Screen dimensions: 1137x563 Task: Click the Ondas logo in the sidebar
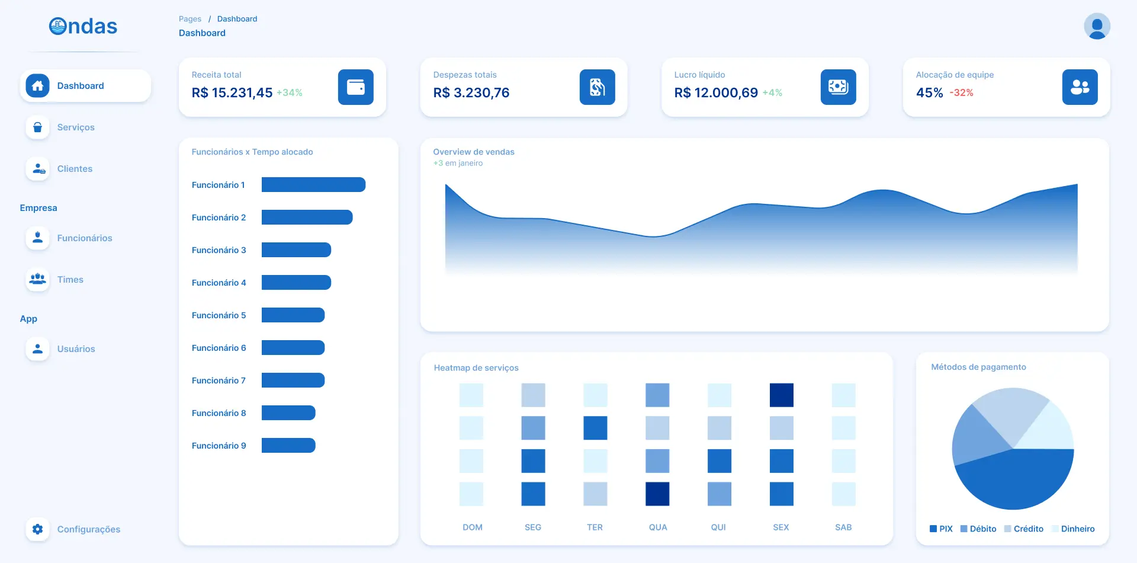pyautogui.click(x=83, y=26)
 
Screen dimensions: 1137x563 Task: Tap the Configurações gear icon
pyautogui.click(x=37, y=529)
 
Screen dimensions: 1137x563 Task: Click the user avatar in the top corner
pyautogui.click(x=1097, y=26)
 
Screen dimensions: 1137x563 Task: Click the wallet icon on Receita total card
pyautogui.click(x=356, y=87)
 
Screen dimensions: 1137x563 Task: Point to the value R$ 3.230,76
pyautogui.click(x=471, y=92)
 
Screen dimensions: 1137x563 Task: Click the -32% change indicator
pyautogui.click(x=962, y=93)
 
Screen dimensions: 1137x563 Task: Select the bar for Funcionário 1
pyautogui.click(x=313, y=185)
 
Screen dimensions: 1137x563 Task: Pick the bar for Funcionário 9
pyautogui.click(x=288, y=446)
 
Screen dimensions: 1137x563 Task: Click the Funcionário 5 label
pyautogui.click(x=219, y=315)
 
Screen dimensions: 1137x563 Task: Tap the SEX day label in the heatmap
pyautogui.click(x=781, y=527)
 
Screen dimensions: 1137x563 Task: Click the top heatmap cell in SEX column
pyautogui.click(x=782, y=395)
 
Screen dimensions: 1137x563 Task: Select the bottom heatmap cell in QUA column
pyautogui.click(x=657, y=494)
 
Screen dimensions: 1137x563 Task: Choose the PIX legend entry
pyautogui.click(x=941, y=529)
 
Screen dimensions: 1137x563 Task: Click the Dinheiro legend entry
pyautogui.click(x=1073, y=529)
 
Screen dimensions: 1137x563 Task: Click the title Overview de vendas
pyautogui.click(x=474, y=152)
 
